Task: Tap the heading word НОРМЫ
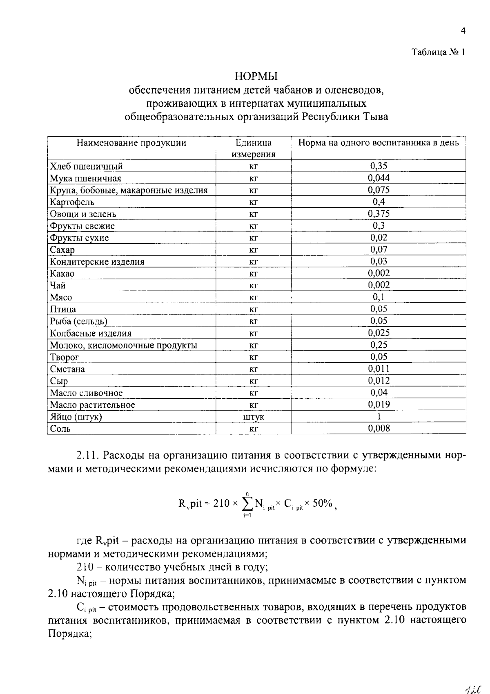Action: tap(256, 76)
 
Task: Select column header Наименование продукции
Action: tap(131, 143)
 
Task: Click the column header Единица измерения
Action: tap(254, 148)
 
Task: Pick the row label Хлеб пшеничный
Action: tap(86, 166)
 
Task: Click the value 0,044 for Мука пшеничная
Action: tap(379, 178)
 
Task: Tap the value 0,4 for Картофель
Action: tap(379, 202)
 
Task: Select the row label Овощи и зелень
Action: tap(83, 214)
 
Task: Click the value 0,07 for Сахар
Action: tap(379, 249)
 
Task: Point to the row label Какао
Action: tap(62, 274)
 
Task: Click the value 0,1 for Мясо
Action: tap(379, 297)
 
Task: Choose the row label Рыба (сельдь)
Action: tap(78, 321)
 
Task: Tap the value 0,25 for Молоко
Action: tap(379, 345)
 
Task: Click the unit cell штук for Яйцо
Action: tap(254, 417)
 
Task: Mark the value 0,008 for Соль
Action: tap(379, 429)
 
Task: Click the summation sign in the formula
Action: tap(247, 504)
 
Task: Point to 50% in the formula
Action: tap(322, 503)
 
